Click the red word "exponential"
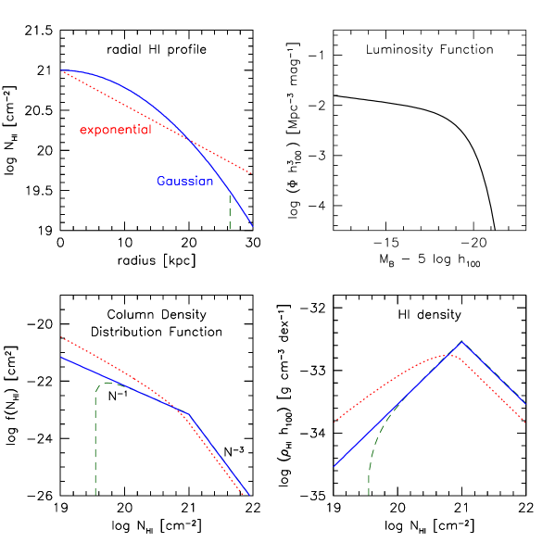pyautogui.click(x=115, y=130)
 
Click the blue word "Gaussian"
pyautogui.click(x=184, y=182)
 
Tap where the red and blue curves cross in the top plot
pyautogui.click(x=189, y=140)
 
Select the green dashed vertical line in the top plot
pyautogui.click(x=229, y=210)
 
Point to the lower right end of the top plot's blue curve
pyautogui.click(x=252, y=226)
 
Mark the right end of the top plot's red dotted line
pyautogui.click(x=251, y=173)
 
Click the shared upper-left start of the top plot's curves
pyautogui.click(x=63, y=71)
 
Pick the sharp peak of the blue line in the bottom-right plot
pyautogui.click(x=462, y=341)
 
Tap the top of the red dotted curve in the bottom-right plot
pyautogui.click(x=449, y=354)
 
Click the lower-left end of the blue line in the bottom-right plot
pyautogui.click(x=334, y=466)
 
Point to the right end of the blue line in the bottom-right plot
pyautogui.click(x=525, y=404)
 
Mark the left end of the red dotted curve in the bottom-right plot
pyautogui.click(x=334, y=423)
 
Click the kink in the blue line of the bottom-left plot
pyautogui.click(x=187, y=413)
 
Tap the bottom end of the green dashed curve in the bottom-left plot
pyautogui.click(x=95, y=494)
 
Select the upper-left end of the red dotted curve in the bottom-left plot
pyautogui.click(x=62, y=338)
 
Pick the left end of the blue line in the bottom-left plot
pyautogui.click(x=62, y=358)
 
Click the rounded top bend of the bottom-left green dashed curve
pyautogui.click(x=105, y=383)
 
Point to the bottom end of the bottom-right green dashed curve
pyautogui.click(x=369, y=494)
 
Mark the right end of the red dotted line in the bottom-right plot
pyautogui.click(x=525, y=422)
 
